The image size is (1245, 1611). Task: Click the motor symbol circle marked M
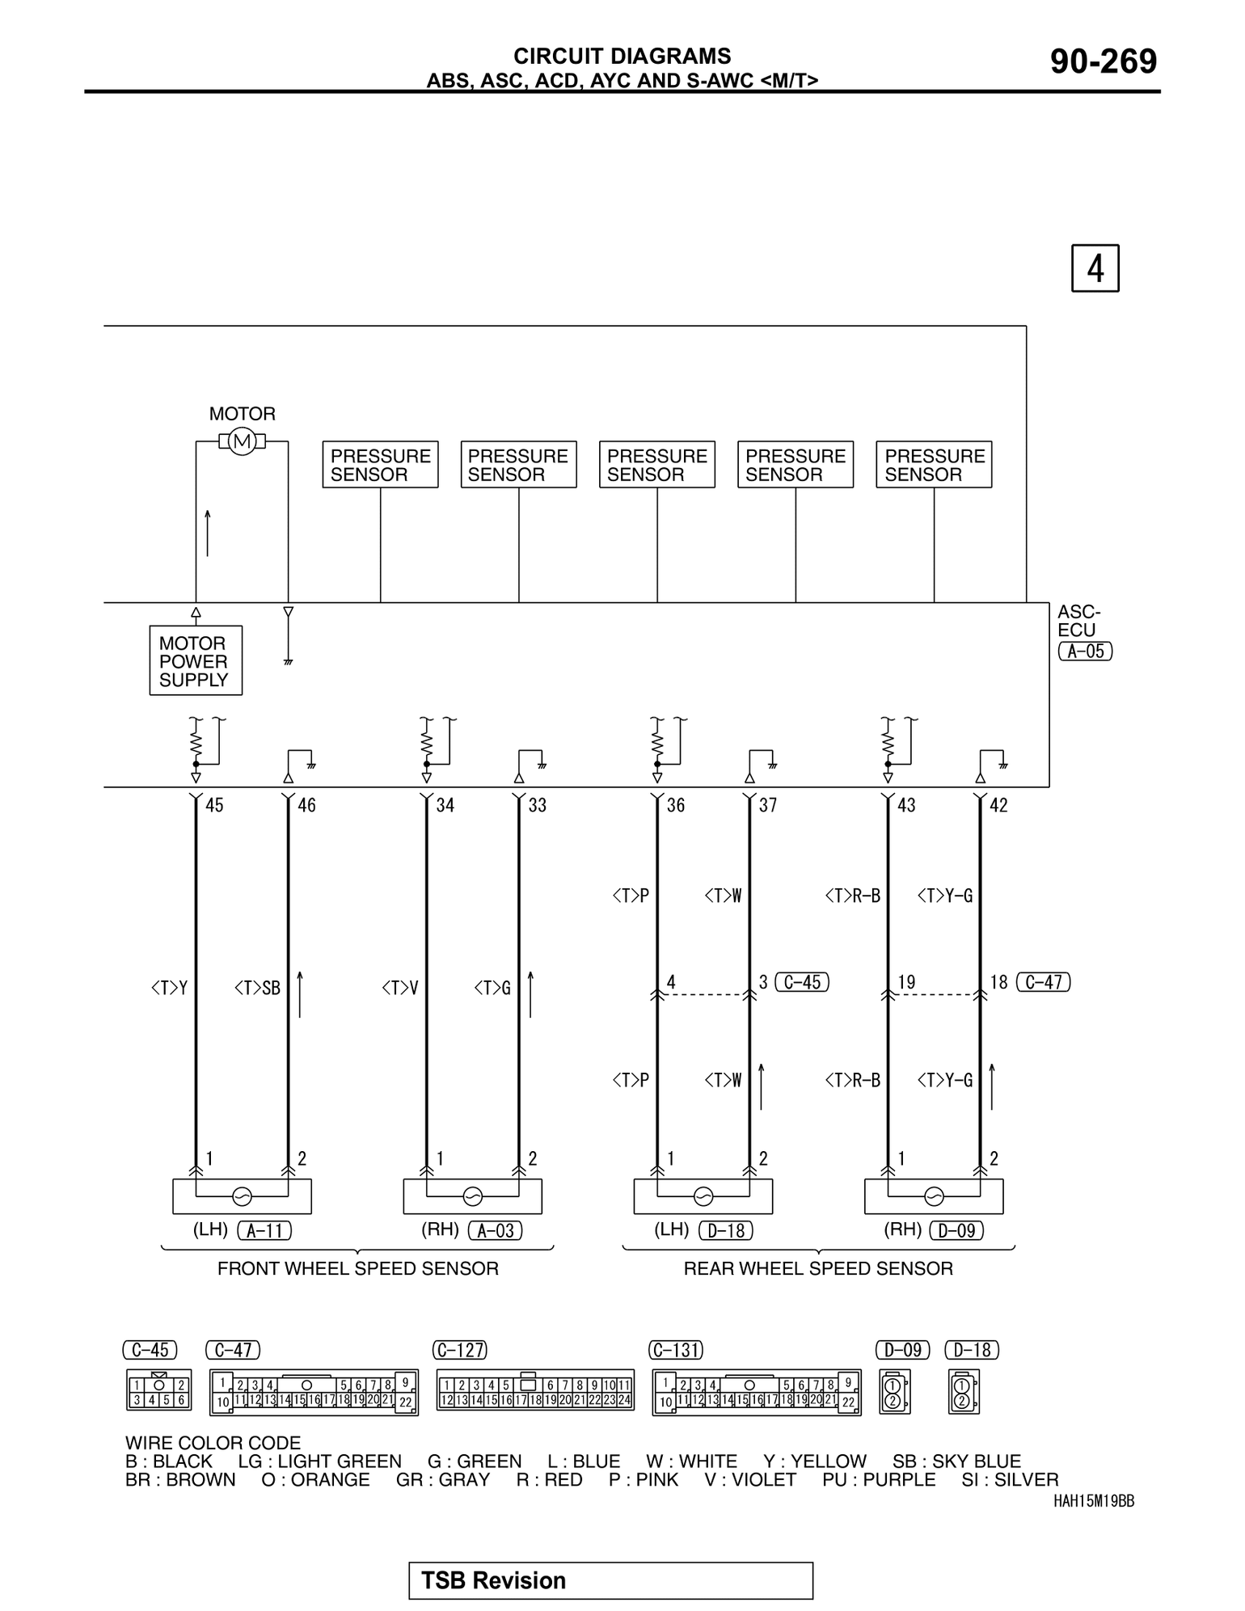click(242, 441)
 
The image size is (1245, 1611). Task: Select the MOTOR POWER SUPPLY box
click(196, 660)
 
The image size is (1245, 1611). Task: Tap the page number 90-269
click(1104, 61)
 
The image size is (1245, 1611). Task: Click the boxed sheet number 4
click(1095, 268)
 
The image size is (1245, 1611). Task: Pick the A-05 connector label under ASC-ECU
click(1085, 652)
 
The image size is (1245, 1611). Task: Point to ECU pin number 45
click(214, 805)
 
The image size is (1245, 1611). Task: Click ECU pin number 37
click(768, 805)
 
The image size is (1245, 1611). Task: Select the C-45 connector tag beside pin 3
click(802, 982)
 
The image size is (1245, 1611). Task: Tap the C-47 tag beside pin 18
click(1043, 982)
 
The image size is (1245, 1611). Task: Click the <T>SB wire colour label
click(257, 988)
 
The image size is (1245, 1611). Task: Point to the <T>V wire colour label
click(400, 988)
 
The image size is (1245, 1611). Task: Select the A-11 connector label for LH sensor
click(264, 1230)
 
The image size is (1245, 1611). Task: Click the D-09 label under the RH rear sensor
click(957, 1230)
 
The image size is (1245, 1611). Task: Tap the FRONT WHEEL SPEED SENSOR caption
click(357, 1268)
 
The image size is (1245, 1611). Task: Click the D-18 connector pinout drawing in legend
click(963, 1391)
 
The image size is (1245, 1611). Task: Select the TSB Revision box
click(610, 1580)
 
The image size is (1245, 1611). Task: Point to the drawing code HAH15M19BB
click(1094, 1501)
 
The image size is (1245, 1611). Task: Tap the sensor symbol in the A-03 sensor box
click(472, 1196)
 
